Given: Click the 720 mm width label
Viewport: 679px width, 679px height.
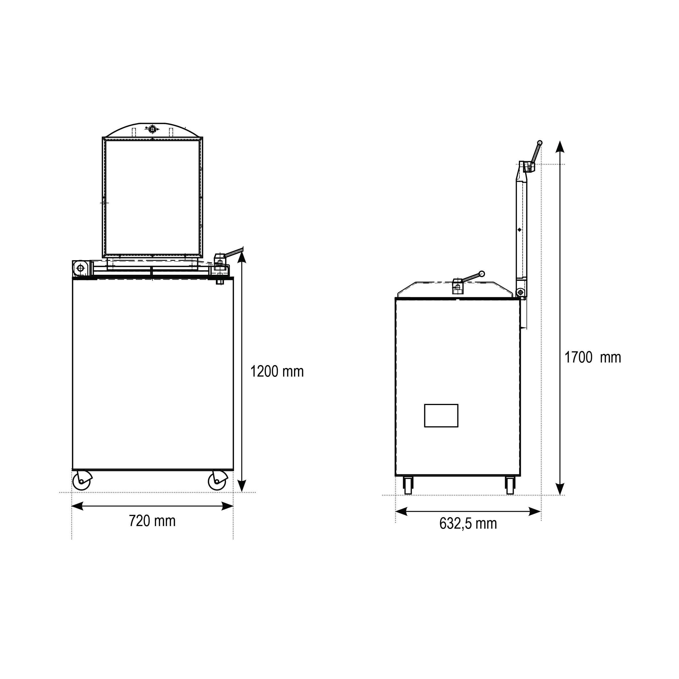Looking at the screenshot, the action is point(152,521).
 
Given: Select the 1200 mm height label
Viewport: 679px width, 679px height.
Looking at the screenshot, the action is point(277,371).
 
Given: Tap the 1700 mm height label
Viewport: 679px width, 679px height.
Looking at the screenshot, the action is point(592,357).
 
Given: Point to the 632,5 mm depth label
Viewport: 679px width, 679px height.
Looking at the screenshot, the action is point(468,524).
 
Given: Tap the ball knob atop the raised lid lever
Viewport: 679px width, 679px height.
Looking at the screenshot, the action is point(540,143).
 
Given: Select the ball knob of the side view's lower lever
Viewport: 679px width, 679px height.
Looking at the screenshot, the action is point(482,273).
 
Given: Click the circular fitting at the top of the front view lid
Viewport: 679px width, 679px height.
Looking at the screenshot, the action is point(152,129).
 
